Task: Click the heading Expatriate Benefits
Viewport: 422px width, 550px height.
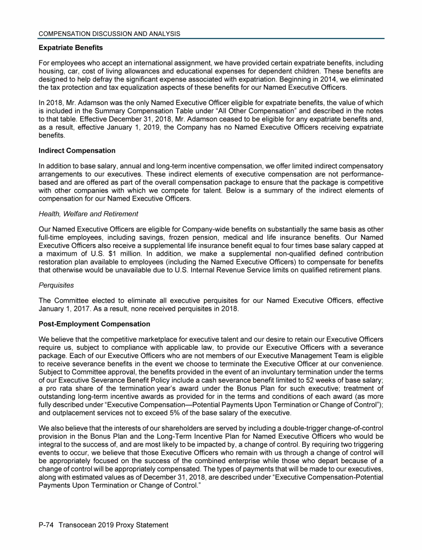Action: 70,48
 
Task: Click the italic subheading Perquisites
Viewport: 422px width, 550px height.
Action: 57,286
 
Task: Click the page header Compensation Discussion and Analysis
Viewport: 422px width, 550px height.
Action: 109,34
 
